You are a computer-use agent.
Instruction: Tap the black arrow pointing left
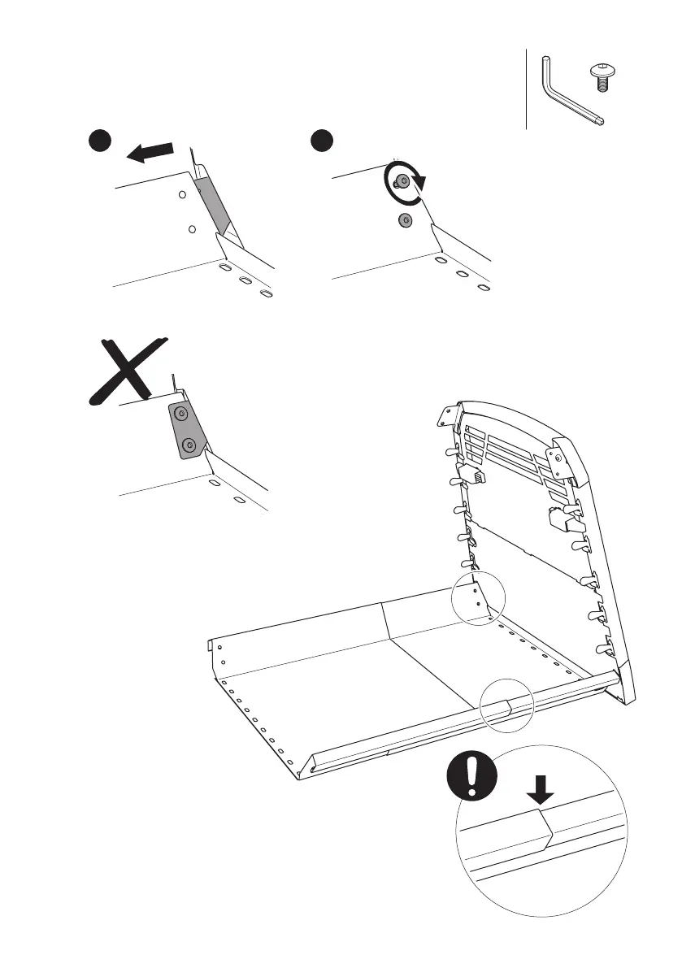pyautogui.click(x=150, y=151)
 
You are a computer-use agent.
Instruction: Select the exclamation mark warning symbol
pyautogui.click(x=471, y=776)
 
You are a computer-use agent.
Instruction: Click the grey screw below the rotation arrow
pyautogui.click(x=405, y=219)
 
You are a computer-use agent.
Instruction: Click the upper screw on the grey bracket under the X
pyautogui.click(x=181, y=415)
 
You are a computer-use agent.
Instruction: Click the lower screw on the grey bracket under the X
pyautogui.click(x=189, y=444)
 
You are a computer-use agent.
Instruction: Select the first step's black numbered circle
pyautogui.click(x=100, y=142)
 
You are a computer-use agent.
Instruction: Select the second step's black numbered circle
pyautogui.click(x=323, y=142)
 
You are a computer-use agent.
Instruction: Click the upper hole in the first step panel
pyautogui.click(x=182, y=195)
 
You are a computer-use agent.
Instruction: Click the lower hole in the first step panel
pyautogui.click(x=191, y=230)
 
